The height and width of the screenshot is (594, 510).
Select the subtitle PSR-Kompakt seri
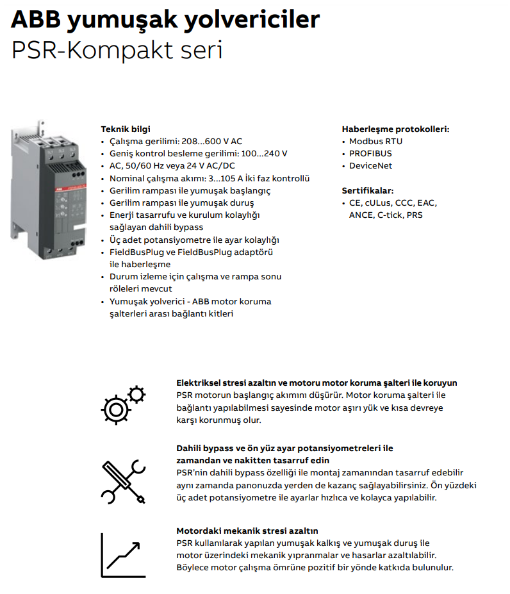click(x=117, y=51)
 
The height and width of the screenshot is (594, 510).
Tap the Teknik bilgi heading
click(x=125, y=129)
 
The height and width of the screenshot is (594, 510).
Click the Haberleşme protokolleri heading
click(x=395, y=129)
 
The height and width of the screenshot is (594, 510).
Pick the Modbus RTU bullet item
click(x=375, y=141)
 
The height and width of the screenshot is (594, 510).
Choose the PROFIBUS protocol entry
click(x=370, y=153)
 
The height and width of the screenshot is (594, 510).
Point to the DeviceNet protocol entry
click(x=370, y=165)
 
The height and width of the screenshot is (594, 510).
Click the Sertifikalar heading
click(x=368, y=190)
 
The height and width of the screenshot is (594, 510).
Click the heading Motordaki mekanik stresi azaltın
click(x=247, y=531)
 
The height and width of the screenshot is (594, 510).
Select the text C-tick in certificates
click(x=390, y=215)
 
